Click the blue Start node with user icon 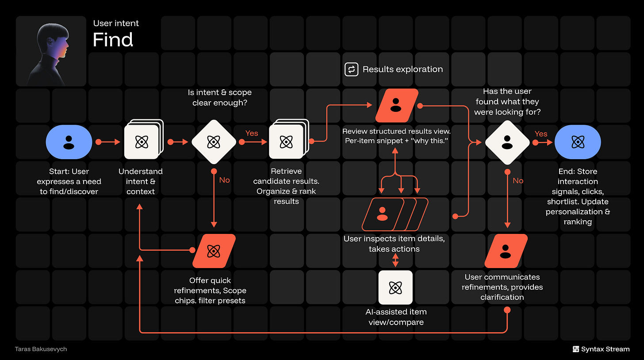(69, 142)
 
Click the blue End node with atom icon (577, 142)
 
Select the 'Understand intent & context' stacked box (142, 142)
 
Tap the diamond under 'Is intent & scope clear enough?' (214, 142)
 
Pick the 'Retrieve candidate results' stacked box (286, 142)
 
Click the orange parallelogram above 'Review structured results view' (396, 105)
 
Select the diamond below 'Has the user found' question (507, 142)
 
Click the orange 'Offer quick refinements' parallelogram (214, 251)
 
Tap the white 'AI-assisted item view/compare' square (395, 287)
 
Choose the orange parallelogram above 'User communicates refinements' (506, 251)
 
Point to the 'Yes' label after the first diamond (252, 133)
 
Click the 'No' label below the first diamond (225, 180)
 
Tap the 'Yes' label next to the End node (541, 134)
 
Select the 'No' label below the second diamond (518, 180)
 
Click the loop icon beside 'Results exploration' (351, 69)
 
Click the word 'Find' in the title (113, 40)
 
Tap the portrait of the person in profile (51, 51)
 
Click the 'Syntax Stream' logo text (605, 349)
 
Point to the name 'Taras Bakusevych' (41, 349)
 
